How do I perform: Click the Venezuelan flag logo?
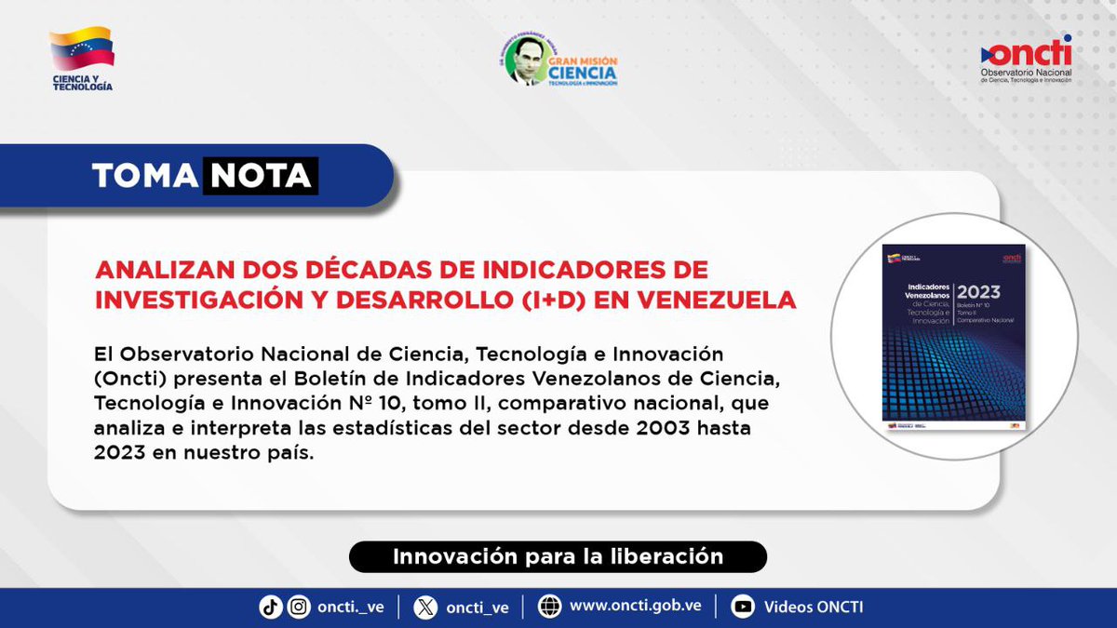(82, 48)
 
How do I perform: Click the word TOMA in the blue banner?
(144, 176)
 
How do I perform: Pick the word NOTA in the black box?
(262, 176)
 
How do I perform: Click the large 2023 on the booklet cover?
(978, 292)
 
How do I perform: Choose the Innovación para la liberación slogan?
(558, 557)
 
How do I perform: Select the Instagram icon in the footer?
(299, 607)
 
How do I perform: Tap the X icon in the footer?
(425, 607)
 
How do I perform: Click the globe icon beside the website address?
(550, 607)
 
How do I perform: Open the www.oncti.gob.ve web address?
(635, 607)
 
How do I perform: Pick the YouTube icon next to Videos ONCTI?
(743, 607)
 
